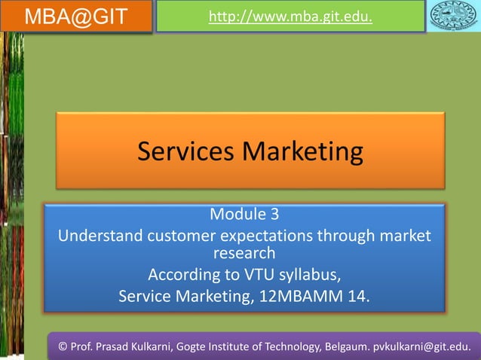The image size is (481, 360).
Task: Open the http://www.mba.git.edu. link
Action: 290,16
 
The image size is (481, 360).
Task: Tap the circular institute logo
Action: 454,17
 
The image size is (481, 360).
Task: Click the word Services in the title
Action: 186,152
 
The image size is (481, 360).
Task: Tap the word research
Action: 244,253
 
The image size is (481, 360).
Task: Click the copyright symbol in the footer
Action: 63,346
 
